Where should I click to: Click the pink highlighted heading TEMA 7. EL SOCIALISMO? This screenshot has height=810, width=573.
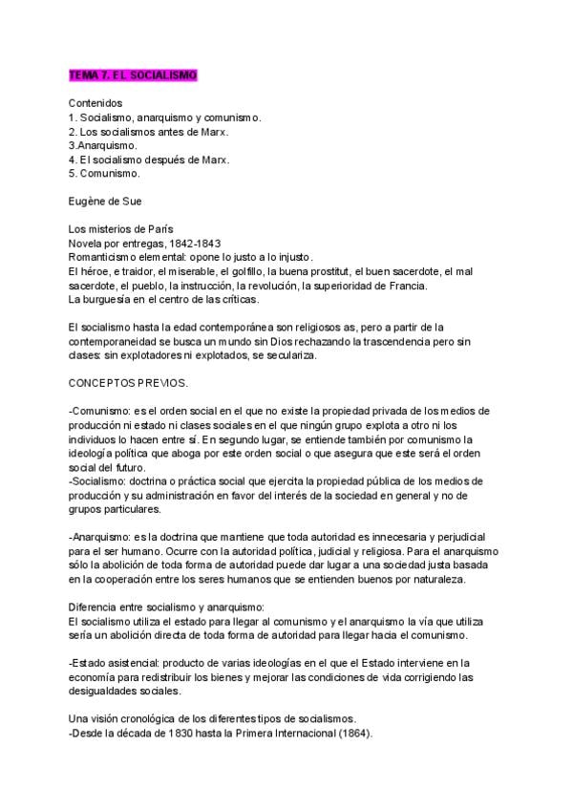pos(133,75)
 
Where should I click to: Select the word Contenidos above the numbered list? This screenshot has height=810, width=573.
pos(95,102)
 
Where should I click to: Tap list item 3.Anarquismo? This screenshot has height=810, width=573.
pos(102,145)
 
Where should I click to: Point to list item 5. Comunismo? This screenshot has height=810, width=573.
pos(105,174)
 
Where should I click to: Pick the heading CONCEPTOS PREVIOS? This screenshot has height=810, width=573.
pos(128,381)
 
